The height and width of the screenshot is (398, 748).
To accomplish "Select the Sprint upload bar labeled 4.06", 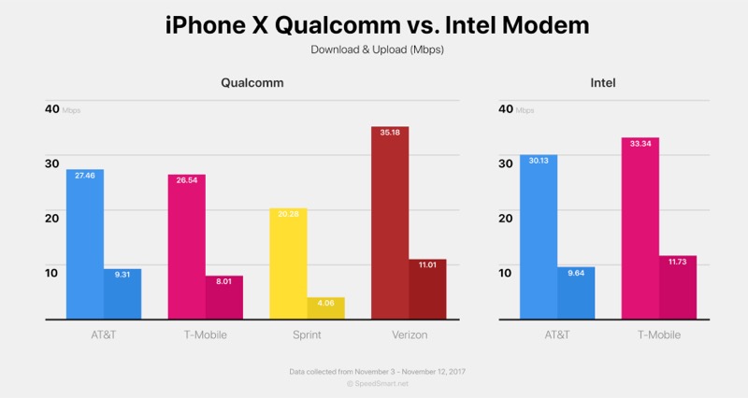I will click(x=326, y=308).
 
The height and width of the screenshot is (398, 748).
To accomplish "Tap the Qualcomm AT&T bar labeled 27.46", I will click(x=85, y=244).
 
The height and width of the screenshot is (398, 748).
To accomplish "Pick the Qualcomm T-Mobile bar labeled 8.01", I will click(x=224, y=297).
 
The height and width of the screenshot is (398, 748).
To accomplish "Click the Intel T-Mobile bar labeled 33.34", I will click(x=640, y=228).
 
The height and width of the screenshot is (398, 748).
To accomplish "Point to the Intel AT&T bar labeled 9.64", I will click(x=576, y=293).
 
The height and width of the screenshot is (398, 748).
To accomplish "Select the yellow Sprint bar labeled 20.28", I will click(x=288, y=263).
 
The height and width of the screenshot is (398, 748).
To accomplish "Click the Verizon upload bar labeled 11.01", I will click(x=427, y=289).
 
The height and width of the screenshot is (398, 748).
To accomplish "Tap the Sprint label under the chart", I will click(x=307, y=334).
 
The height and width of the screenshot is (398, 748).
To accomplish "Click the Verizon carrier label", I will click(x=409, y=334).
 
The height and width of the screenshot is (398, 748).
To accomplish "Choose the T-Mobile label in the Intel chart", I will click(x=659, y=334).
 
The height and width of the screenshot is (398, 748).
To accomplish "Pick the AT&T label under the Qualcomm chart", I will click(x=104, y=334).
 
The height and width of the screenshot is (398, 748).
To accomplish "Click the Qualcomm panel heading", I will click(x=252, y=83).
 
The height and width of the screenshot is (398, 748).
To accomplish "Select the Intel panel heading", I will click(x=603, y=83).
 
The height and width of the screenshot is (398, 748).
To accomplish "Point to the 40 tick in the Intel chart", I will click(x=506, y=108).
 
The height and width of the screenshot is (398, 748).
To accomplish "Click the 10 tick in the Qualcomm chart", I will click(x=52, y=272).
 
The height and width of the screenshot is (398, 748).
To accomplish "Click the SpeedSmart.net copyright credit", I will click(x=377, y=383).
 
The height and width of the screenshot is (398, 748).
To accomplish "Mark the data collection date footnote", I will click(x=377, y=371).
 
